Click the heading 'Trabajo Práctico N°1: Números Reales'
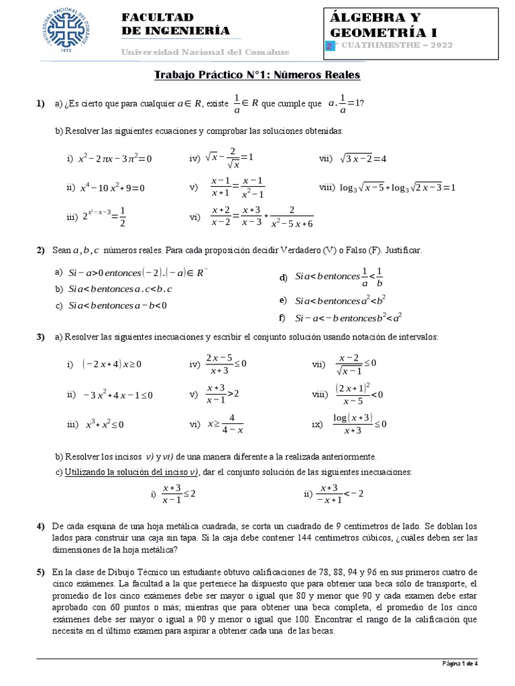coord(257,75)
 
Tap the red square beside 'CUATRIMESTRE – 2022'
coord(329,46)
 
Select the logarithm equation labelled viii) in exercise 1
coord(397,188)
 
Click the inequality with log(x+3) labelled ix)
coord(359,424)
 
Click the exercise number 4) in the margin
coord(40,526)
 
